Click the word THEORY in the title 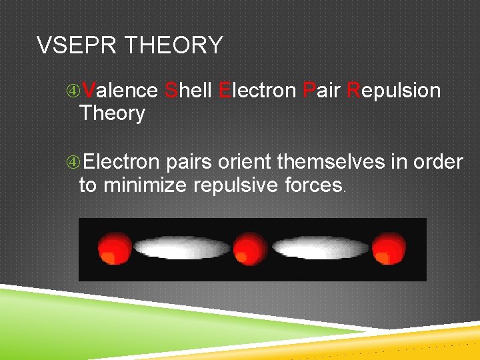tap(174, 45)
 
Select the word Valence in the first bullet tap(120, 90)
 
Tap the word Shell tap(188, 90)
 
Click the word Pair tap(322, 90)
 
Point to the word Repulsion tap(394, 91)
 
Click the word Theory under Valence tap(111, 113)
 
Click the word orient tap(250, 162)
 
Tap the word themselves tap(331, 162)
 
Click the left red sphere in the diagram tap(114, 249)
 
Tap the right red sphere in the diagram tap(389, 249)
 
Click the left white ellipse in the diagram tap(181, 248)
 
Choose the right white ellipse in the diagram tap(319, 248)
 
